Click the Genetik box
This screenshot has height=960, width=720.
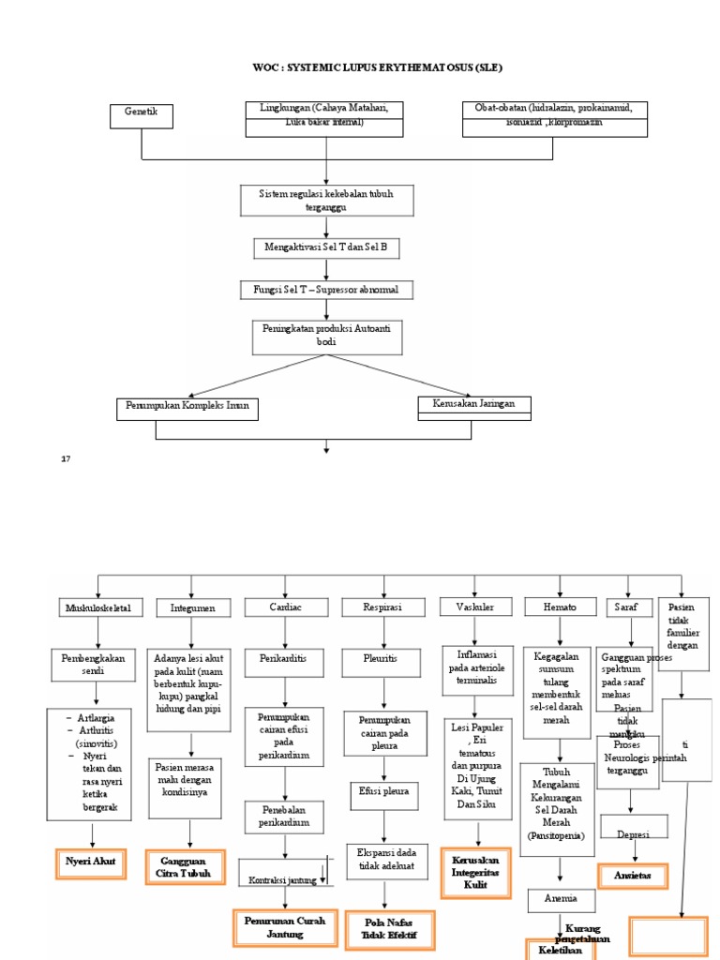click(142, 115)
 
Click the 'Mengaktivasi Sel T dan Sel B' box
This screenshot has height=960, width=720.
click(325, 248)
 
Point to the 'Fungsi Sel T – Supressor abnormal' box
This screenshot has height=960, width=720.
click(325, 291)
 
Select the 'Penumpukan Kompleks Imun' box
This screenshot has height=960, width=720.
click(188, 409)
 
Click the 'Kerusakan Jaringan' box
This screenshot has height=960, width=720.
click(474, 405)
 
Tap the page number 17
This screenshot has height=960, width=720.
click(66, 459)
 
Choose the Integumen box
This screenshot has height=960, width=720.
click(192, 607)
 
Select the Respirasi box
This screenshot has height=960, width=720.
click(382, 607)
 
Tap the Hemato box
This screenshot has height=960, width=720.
click(560, 607)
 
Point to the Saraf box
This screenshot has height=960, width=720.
click(626, 607)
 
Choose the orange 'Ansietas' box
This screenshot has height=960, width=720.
click(632, 876)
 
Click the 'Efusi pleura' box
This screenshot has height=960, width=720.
click(382, 791)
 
